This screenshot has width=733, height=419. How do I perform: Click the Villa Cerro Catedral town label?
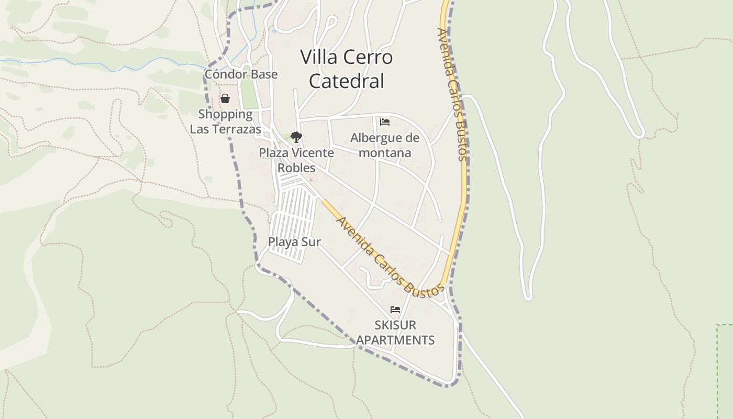click(347, 69)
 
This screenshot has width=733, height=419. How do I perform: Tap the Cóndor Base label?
click(241, 74)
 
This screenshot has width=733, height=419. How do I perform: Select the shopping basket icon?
click(225, 98)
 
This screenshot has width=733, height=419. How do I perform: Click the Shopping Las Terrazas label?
click(225, 122)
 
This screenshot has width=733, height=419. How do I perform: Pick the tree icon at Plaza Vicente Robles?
click(296, 137)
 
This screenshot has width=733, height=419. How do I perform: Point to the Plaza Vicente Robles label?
click(296, 160)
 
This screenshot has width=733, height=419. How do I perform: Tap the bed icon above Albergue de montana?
click(385, 122)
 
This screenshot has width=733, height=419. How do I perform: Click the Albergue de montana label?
click(385, 145)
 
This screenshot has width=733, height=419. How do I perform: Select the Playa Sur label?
click(294, 242)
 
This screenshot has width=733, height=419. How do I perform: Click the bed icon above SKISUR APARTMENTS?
click(395, 310)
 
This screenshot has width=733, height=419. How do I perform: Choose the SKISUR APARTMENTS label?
click(395, 333)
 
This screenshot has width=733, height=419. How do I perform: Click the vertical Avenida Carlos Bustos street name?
click(451, 94)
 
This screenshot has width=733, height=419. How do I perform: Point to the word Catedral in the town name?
click(347, 81)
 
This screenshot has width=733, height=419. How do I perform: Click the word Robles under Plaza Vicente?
click(296, 168)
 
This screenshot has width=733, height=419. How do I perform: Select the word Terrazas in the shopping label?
click(238, 129)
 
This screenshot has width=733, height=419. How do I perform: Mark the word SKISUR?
click(395, 325)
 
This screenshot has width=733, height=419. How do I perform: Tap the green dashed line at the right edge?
click(717, 367)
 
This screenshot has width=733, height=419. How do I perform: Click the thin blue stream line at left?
click(79, 64)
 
